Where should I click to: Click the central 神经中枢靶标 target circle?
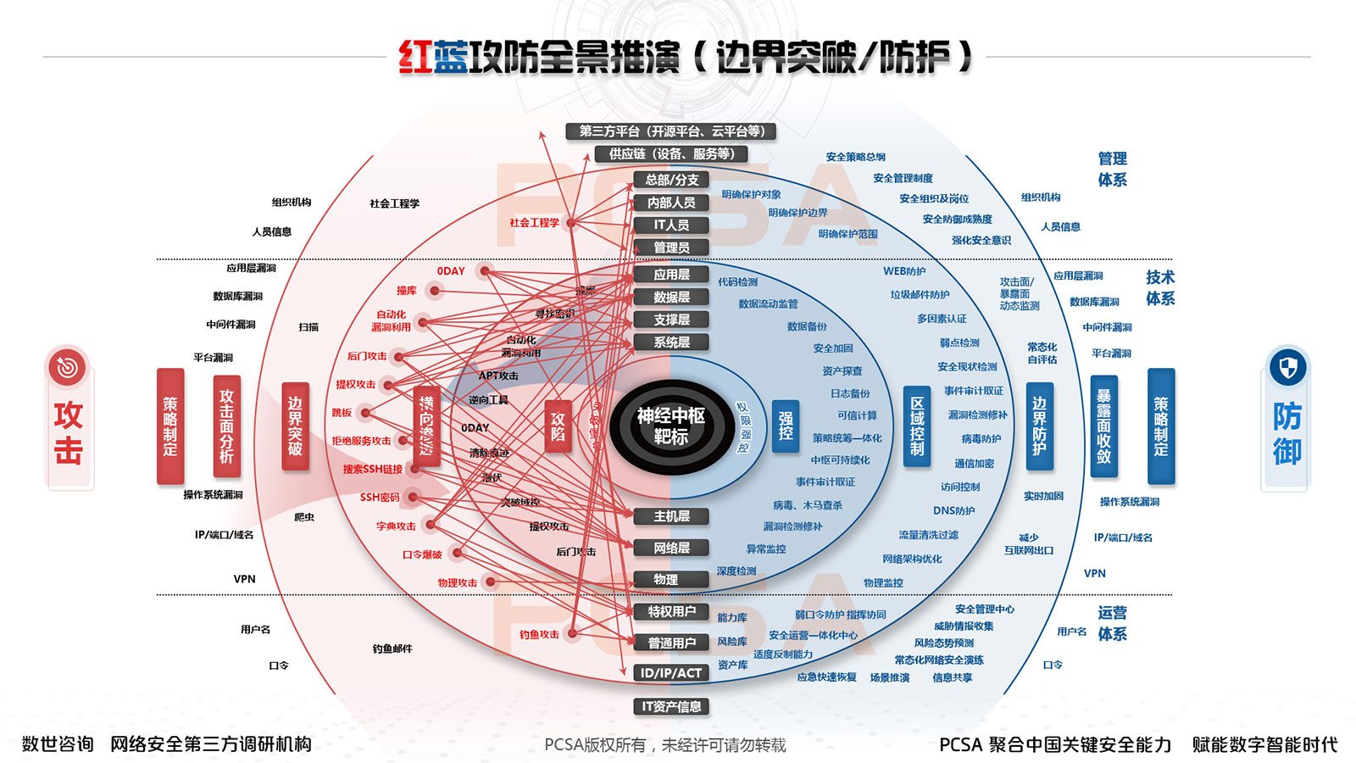click(x=670, y=426)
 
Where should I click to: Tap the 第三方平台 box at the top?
click(x=671, y=131)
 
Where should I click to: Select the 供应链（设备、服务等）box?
click(x=671, y=154)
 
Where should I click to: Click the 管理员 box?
click(x=671, y=248)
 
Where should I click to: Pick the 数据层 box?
click(x=671, y=298)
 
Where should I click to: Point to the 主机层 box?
click(x=671, y=516)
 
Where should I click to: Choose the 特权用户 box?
click(x=671, y=611)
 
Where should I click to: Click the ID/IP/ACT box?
click(x=671, y=673)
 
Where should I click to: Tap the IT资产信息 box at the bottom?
click(x=671, y=706)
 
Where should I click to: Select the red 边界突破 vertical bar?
click(x=295, y=426)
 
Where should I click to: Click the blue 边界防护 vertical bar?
click(x=1039, y=426)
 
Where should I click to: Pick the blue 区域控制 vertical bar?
click(x=917, y=426)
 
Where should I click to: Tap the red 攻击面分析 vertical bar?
click(x=226, y=426)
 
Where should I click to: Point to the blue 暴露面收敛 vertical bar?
click(x=1103, y=426)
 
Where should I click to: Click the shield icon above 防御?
click(x=1287, y=368)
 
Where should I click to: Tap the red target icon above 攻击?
click(x=68, y=367)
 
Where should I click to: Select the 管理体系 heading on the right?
click(x=1112, y=169)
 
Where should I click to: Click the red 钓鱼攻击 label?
click(x=539, y=634)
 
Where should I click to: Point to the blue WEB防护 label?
click(x=904, y=271)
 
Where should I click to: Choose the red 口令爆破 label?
click(x=422, y=554)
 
